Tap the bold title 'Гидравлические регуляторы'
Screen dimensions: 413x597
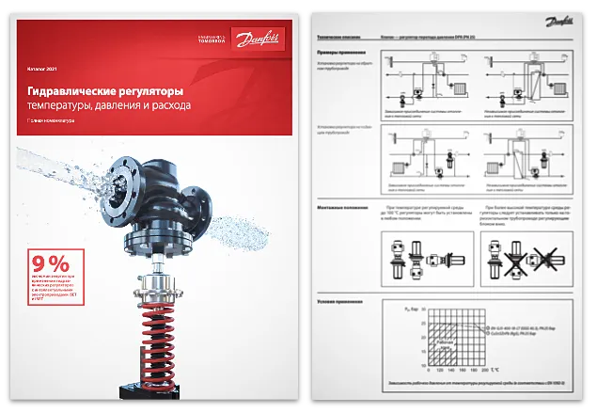pyautogui.click(x=103, y=91)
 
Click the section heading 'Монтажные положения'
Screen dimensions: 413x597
pyautogui.click(x=344, y=206)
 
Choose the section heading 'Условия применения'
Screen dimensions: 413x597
pyautogui.click(x=340, y=301)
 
